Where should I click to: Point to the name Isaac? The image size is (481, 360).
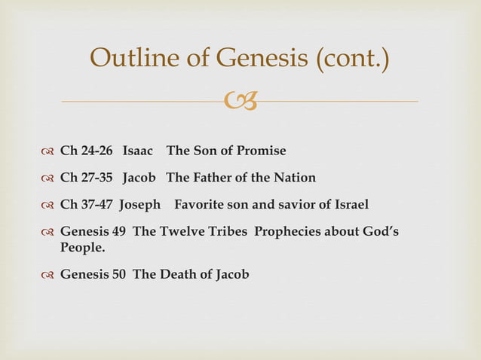pyautogui.click(x=138, y=151)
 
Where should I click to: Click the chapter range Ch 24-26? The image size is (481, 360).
pyautogui.click(x=86, y=151)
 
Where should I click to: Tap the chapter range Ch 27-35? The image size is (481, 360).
pyautogui.click(x=86, y=178)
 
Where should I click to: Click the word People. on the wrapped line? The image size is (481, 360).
pyautogui.click(x=82, y=246)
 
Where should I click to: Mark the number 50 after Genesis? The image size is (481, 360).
pyautogui.click(x=121, y=274)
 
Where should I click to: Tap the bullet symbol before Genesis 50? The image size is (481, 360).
pyautogui.click(x=48, y=274)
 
